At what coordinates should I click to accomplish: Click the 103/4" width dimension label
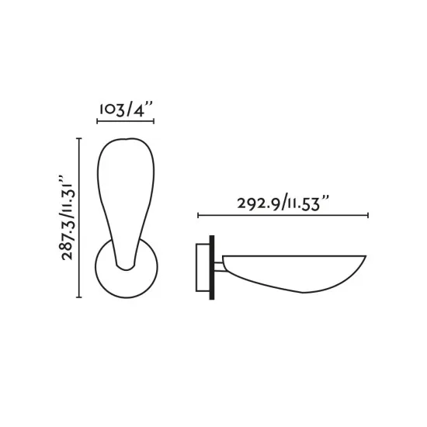[125, 109]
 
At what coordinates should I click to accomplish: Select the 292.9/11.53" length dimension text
[283, 203]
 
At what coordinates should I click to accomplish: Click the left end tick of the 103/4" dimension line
[97, 122]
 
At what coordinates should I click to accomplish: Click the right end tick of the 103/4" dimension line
[154, 122]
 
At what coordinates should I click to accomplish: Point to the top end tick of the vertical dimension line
[79, 138]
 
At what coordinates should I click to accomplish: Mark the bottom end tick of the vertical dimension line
[79, 297]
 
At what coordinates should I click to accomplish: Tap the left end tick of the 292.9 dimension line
[198, 215]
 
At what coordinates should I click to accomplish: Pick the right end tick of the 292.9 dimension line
[368, 215]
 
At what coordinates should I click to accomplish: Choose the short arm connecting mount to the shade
[223, 269]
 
